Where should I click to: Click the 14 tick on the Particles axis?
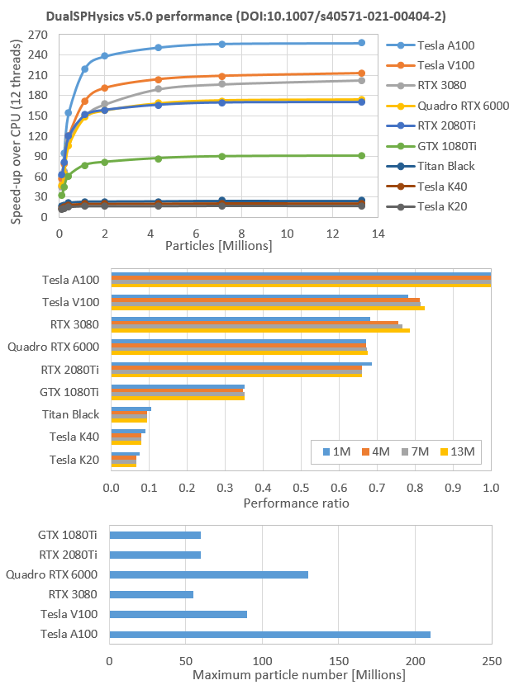(378, 234)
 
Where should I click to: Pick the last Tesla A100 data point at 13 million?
(361, 43)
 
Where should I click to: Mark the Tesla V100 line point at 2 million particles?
(105, 87)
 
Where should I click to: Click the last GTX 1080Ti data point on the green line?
(361, 155)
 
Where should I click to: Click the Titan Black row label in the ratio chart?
(74, 414)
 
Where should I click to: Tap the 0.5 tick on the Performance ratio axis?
(302, 488)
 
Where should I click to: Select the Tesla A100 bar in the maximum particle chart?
(269, 634)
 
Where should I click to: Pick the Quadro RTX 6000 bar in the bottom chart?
(208, 574)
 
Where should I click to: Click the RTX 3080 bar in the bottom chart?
(151, 594)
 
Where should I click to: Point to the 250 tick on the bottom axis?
(492, 660)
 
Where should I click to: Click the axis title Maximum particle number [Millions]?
(299, 675)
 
